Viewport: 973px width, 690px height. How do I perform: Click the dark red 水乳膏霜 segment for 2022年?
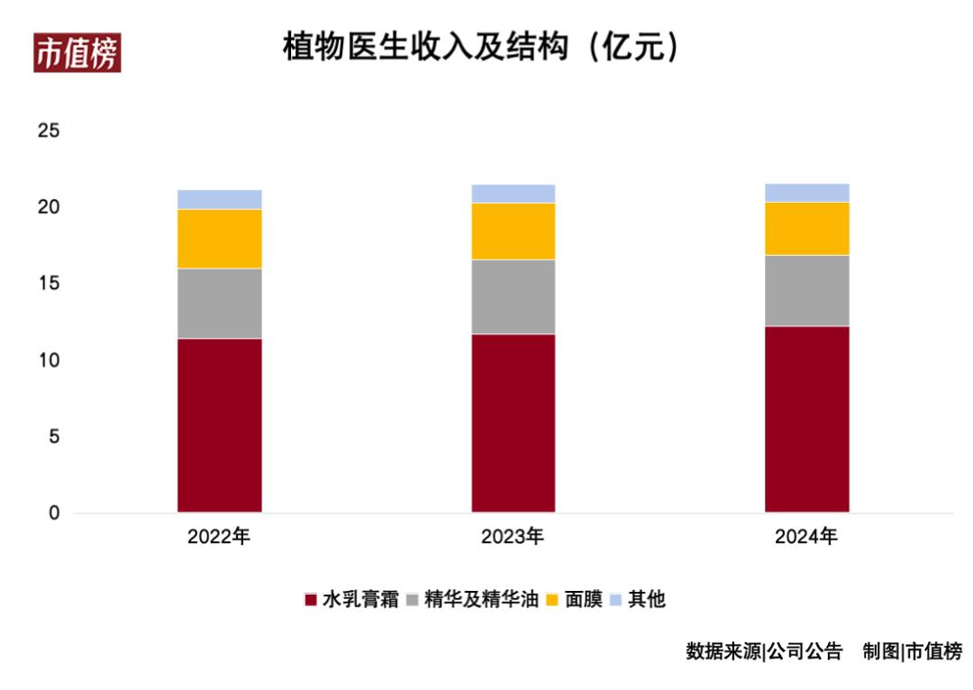[219, 425]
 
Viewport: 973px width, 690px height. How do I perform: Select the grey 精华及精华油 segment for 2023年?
[513, 296]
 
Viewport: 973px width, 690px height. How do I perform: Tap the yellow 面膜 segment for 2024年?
[806, 229]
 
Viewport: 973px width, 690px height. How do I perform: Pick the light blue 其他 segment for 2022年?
[219, 199]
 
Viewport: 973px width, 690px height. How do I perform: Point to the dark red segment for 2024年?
[806, 419]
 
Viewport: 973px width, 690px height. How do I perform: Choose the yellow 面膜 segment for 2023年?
[513, 232]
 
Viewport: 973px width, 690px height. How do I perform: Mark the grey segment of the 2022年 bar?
[219, 304]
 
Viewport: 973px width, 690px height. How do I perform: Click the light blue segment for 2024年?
[806, 193]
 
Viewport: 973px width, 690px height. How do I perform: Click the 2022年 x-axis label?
[219, 538]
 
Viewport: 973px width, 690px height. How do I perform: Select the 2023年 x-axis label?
[513, 538]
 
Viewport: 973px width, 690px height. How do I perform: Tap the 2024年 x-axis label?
[806, 538]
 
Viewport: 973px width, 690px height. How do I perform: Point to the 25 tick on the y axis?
[49, 132]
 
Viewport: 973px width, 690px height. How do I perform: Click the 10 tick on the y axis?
[49, 360]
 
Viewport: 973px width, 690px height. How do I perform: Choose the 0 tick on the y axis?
[54, 513]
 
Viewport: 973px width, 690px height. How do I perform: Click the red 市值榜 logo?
[77, 55]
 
